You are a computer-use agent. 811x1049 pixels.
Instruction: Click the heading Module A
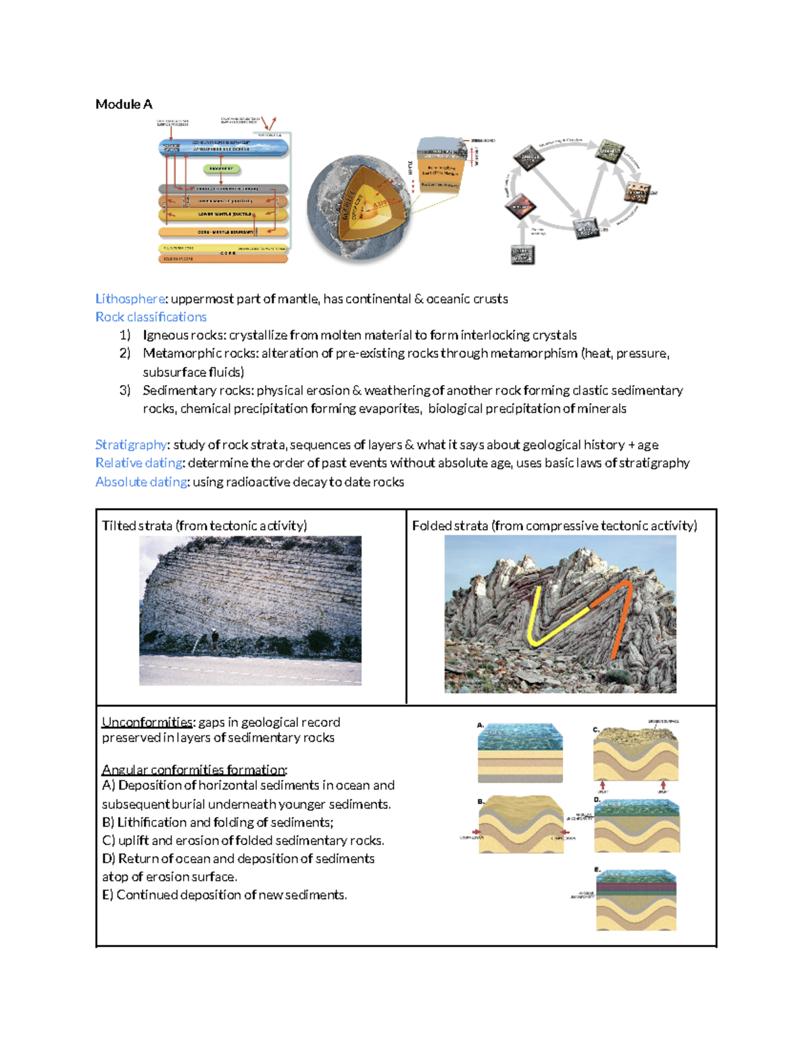coord(124,104)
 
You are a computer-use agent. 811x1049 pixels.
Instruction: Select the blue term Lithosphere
coord(130,299)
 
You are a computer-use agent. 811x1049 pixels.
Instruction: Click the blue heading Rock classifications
coord(151,317)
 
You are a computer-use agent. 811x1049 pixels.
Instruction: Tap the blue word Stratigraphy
coord(130,444)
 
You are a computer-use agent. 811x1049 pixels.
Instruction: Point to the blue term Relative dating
coord(139,463)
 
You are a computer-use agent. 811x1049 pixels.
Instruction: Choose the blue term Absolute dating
coord(141,482)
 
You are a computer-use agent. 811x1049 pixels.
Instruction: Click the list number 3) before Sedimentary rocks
coord(124,390)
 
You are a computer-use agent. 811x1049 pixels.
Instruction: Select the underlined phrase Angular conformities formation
coord(194,769)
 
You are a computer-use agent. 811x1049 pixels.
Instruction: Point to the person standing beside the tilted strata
coord(214,638)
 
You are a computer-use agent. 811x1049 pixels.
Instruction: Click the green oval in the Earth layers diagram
coord(221,169)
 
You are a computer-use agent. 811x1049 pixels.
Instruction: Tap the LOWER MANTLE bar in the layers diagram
coord(223,214)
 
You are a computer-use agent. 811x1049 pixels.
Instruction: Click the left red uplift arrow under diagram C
coord(602,785)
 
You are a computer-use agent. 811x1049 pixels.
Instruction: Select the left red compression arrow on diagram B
coord(476,832)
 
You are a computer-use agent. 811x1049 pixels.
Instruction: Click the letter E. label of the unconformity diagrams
coord(597,869)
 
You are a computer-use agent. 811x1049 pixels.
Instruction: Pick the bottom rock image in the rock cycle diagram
coord(522,255)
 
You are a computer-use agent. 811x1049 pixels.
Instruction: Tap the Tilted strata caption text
coord(204,526)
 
